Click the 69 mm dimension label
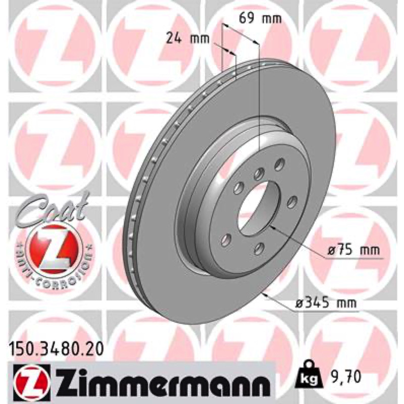click(260, 19)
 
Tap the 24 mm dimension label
click(187, 39)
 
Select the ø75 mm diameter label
click(354, 250)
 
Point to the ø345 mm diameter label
click(326, 303)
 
